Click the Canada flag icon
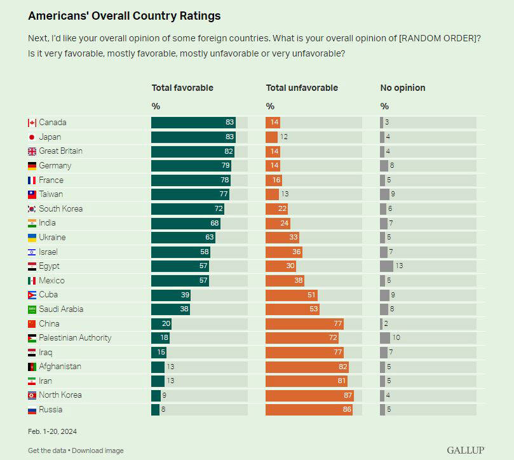click(32, 123)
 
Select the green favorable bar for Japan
click(193, 137)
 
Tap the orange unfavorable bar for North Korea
click(309, 395)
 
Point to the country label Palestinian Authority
click(75, 338)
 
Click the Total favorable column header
click(182, 88)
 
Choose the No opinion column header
click(403, 88)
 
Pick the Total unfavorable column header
click(302, 88)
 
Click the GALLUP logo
click(466, 450)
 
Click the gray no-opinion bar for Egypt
click(386, 266)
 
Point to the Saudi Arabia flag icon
click(32, 309)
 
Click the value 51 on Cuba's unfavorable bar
click(310, 295)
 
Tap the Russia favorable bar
click(155, 410)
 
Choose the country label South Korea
click(61, 208)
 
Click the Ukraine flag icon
click(32, 238)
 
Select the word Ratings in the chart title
click(201, 16)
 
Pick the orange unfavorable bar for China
click(304, 323)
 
